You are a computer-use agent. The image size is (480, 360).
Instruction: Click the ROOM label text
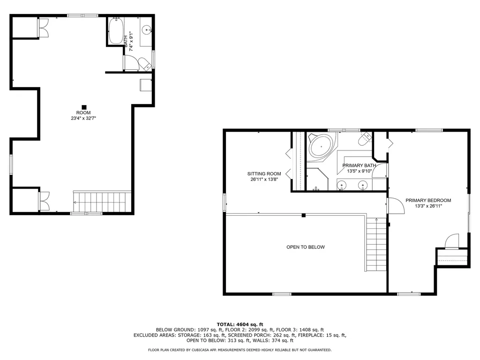83,112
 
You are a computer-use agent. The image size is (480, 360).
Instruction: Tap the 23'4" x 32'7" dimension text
83,119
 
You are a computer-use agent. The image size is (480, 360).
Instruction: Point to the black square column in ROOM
84,106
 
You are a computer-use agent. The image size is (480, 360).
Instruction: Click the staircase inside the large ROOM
102,202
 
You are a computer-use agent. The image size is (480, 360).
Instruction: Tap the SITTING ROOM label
264,174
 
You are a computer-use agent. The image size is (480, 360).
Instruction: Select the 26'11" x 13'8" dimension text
264,180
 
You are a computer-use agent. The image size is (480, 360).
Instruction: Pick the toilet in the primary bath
364,139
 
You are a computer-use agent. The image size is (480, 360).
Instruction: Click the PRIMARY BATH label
359,165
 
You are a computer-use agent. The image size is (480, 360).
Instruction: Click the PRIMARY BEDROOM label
428,200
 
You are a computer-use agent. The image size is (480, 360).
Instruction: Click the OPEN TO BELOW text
306,247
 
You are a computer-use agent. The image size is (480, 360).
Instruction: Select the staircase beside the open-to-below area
375,245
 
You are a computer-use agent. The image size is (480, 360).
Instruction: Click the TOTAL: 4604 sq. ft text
240,324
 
